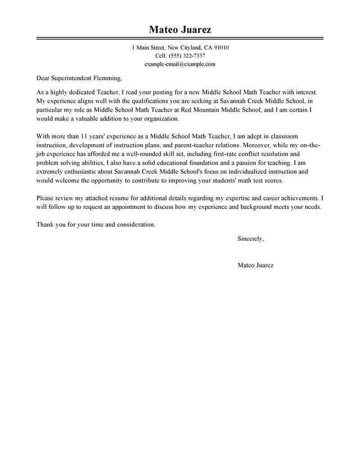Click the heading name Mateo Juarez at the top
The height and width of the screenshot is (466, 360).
pyautogui.click(x=180, y=30)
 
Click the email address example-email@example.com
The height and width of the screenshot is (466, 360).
pyautogui.click(x=180, y=64)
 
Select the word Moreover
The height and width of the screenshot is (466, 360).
pyautogui.click(x=256, y=145)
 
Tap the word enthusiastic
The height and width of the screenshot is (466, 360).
pyautogui.click(x=83, y=172)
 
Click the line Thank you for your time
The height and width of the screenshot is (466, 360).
pyautogui.click(x=95, y=225)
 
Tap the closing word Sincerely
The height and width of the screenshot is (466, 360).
pyautogui.click(x=250, y=239)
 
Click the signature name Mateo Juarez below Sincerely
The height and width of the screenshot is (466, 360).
pyautogui.click(x=255, y=265)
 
